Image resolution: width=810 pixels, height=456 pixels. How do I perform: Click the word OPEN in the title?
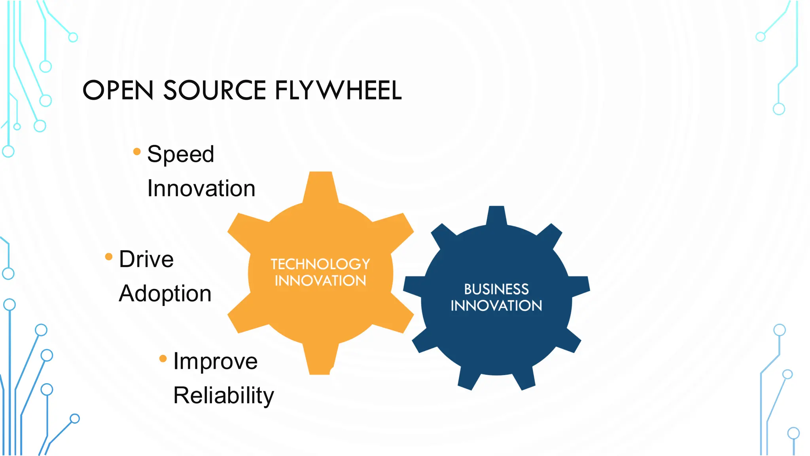pos(118,90)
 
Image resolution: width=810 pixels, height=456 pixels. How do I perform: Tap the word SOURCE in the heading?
pos(214,90)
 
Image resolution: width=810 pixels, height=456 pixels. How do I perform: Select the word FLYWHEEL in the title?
pos(338,90)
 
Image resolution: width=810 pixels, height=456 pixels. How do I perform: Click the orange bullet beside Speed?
pos(137,152)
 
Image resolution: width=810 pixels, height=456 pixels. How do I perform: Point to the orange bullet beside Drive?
pos(109,257)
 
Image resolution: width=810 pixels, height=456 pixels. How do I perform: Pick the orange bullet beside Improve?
pos(163,359)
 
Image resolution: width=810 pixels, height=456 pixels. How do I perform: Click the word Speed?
pos(180,154)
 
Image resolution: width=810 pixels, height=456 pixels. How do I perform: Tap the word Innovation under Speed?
pos(201,188)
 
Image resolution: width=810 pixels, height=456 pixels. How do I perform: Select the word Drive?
pos(146,259)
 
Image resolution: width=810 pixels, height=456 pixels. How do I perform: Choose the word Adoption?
pos(165,294)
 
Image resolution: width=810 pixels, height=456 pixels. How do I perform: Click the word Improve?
pos(216,361)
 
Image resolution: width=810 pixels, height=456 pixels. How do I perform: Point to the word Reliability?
pos(223,395)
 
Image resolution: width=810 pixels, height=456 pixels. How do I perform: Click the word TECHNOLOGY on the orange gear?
pos(320,264)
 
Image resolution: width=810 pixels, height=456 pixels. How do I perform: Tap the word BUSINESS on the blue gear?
pos(496,289)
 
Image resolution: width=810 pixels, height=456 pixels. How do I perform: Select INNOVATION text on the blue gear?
pos(496,306)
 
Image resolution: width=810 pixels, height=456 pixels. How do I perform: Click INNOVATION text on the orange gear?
pos(320,281)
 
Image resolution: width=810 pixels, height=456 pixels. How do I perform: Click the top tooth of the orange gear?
pos(320,186)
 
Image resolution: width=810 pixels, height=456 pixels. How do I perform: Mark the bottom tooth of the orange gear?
pos(320,360)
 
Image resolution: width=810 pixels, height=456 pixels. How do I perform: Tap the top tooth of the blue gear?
pos(496,216)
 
